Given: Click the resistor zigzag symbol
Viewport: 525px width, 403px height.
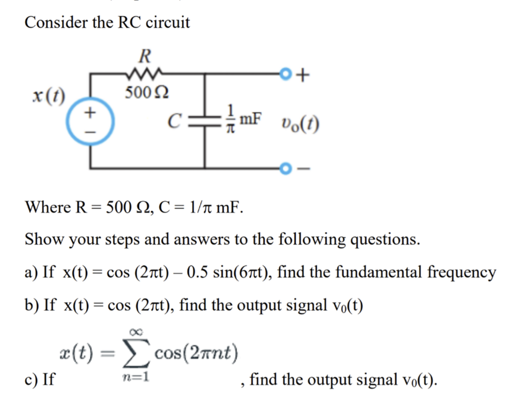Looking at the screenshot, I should (x=146, y=73).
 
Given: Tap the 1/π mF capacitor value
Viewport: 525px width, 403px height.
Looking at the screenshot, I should (x=243, y=121).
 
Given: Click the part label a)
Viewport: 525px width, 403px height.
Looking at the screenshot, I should (x=32, y=272).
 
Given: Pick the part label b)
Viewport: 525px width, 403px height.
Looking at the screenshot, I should (x=32, y=305).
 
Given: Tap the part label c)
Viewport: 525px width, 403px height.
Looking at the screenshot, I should (x=31, y=380).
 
